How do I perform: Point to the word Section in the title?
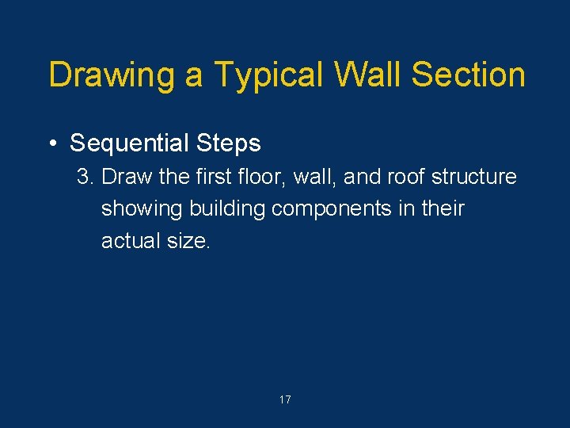click(x=469, y=75)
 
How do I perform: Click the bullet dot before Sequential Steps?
click(x=51, y=143)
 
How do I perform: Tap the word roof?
click(x=405, y=177)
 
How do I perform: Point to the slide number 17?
click(x=285, y=400)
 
